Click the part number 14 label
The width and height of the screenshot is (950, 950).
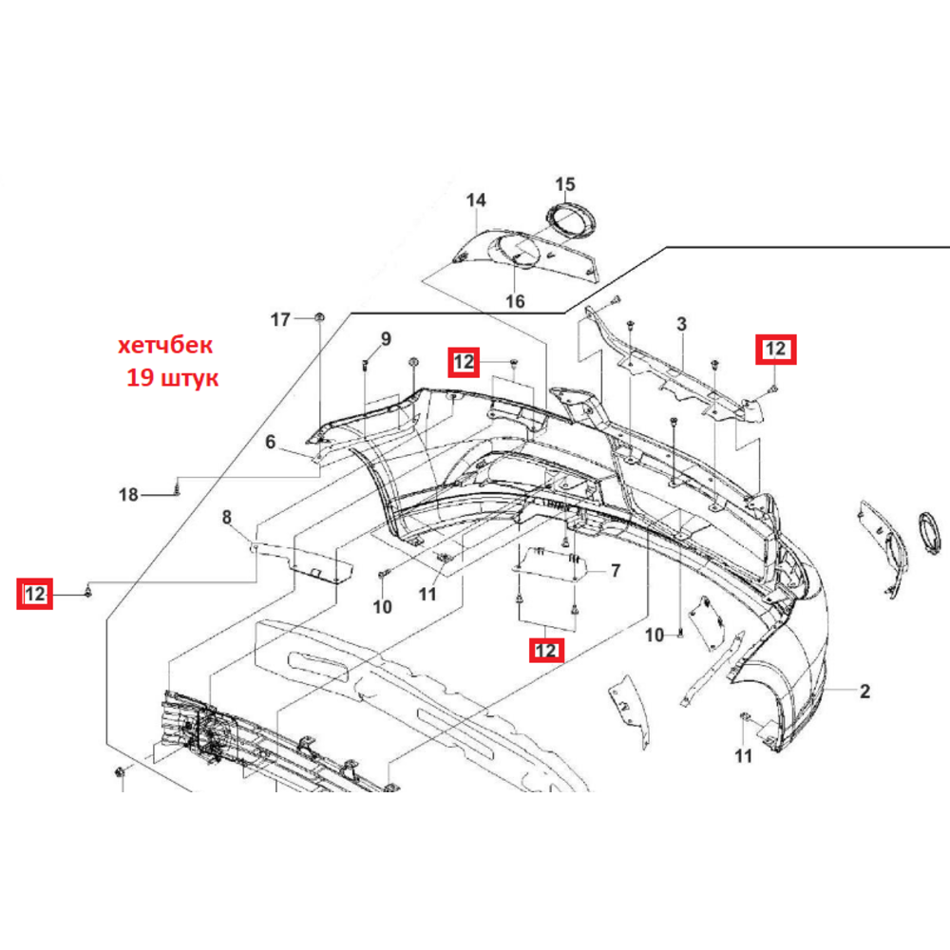pyautogui.click(x=476, y=199)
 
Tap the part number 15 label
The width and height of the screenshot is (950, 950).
pyautogui.click(x=564, y=183)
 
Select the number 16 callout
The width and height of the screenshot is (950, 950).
pyautogui.click(x=515, y=300)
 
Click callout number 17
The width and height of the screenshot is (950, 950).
pyautogui.click(x=280, y=319)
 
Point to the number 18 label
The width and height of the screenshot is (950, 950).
pyautogui.click(x=128, y=495)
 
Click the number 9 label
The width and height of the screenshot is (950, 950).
pyautogui.click(x=386, y=339)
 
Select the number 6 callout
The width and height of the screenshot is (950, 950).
pyautogui.click(x=270, y=442)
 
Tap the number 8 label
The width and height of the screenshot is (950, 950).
pyautogui.click(x=227, y=517)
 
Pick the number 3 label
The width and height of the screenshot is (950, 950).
pyautogui.click(x=681, y=324)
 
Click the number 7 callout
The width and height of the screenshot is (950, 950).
pyautogui.click(x=616, y=571)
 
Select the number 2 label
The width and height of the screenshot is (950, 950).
pyautogui.click(x=864, y=692)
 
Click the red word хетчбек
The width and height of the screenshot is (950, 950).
pyautogui.click(x=164, y=346)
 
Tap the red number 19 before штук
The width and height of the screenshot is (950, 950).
pyautogui.click(x=140, y=378)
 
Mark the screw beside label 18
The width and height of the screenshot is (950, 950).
pyautogui.click(x=177, y=486)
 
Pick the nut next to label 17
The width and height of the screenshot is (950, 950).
pyautogui.click(x=319, y=317)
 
